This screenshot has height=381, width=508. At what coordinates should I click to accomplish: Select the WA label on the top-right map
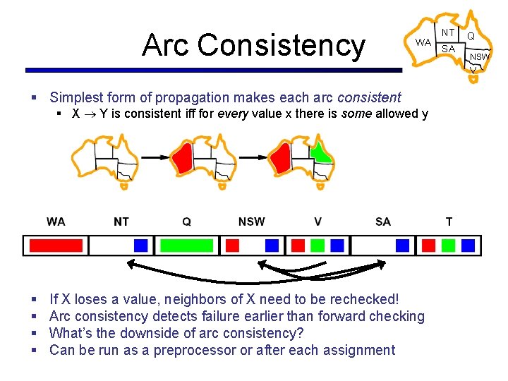point(423,42)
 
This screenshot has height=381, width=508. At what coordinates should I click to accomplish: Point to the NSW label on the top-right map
point(480,56)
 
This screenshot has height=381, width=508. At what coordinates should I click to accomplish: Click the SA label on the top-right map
point(448,49)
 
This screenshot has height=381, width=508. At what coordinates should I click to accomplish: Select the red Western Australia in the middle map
point(183,158)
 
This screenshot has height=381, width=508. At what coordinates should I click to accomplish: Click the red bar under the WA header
point(56,245)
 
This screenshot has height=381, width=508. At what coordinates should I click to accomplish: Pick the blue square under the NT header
point(141,245)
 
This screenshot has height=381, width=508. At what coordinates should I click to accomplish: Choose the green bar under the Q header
point(186,245)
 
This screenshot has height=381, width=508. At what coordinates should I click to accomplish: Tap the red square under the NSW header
point(232,245)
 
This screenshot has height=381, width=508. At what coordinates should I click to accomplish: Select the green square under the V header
point(317,245)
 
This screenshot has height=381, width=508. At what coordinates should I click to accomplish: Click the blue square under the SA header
point(402,245)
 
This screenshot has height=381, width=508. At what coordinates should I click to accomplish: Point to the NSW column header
point(251,222)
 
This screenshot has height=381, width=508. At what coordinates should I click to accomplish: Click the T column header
point(449,222)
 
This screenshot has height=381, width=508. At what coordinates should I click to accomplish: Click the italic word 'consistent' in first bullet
point(369,97)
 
